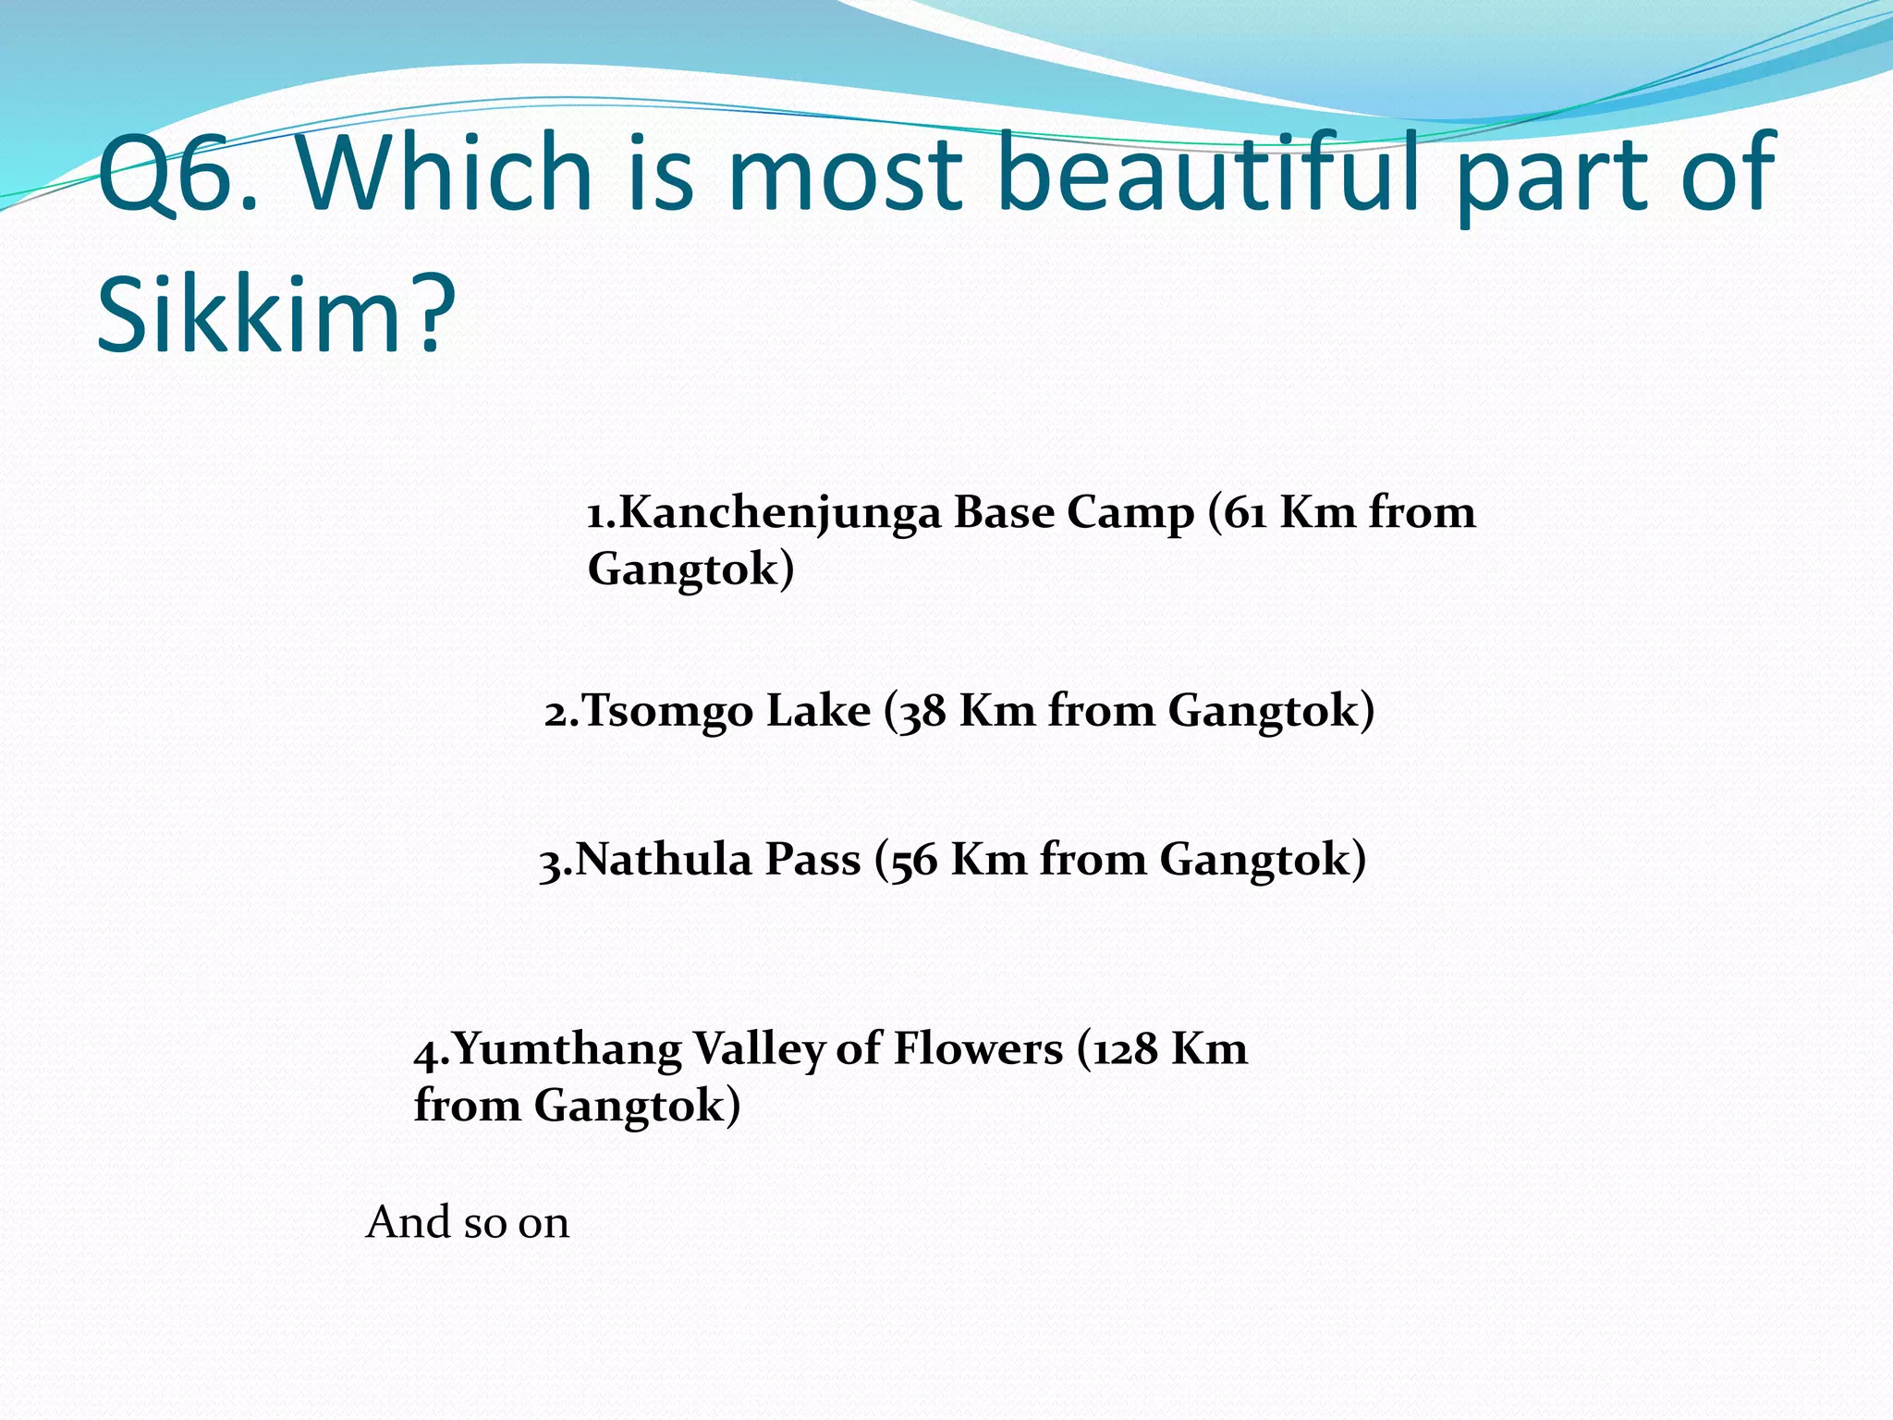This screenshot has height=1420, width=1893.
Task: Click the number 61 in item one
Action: coord(1245,512)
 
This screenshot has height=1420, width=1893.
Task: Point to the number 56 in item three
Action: coord(913,861)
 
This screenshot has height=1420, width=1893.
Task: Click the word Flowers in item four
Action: coord(978,1049)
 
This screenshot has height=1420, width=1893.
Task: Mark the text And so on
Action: coord(468,1222)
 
